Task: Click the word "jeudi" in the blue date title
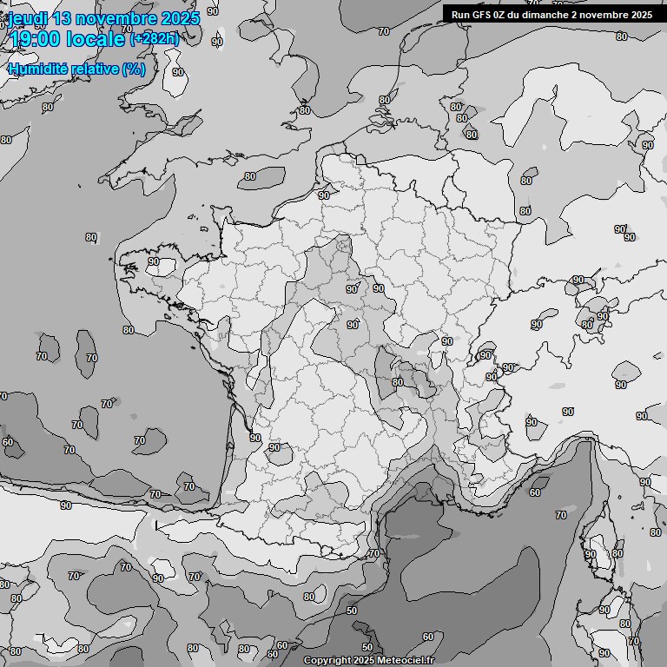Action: tap(27, 17)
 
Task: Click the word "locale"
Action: tap(101, 39)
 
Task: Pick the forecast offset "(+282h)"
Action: tap(155, 38)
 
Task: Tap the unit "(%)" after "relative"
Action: tap(134, 69)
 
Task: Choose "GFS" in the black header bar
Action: tap(483, 14)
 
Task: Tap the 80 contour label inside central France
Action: tap(398, 382)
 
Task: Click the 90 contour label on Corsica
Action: tap(591, 554)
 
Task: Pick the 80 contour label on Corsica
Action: tap(617, 554)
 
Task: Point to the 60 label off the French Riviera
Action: tap(535, 492)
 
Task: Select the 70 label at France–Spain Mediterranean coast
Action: tap(374, 553)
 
